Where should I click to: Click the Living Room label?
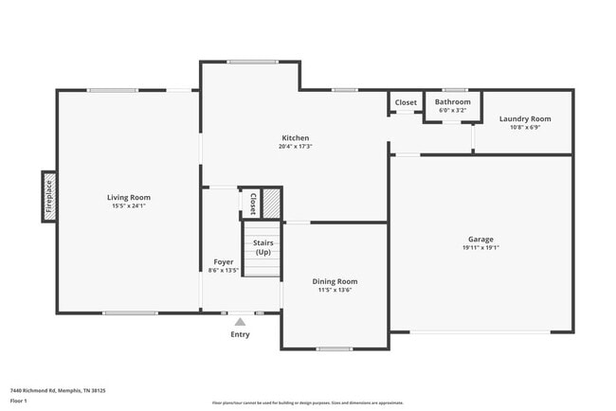coord(128,197)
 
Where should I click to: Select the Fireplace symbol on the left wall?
coord(48,197)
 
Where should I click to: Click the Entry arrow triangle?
coord(240,322)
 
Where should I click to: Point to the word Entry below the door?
coord(240,334)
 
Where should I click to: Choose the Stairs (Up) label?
coord(263,247)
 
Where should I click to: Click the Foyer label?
coord(224,261)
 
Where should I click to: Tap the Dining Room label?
coord(335,281)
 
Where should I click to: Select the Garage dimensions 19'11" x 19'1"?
coord(480,248)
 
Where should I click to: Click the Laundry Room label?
coord(525,118)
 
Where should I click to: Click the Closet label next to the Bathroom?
coord(406,102)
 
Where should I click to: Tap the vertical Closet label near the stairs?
coord(253,204)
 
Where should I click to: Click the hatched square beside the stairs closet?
coord(272,204)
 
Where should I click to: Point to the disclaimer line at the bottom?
coord(307,402)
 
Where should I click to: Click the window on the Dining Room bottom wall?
coord(335,348)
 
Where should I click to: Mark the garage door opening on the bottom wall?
coord(480,331)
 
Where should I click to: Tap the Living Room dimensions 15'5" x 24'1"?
coord(128,205)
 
